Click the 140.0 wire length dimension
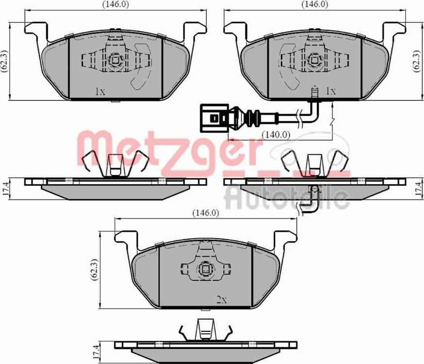click(276, 135)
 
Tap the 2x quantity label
click(222, 299)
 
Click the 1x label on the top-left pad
click(100, 92)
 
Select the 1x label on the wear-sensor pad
click(330, 91)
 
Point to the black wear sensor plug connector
click(213, 118)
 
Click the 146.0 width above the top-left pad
click(115, 4)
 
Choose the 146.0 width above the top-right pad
click(315, 4)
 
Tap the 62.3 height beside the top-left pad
click(4, 61)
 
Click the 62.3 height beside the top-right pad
click(416, 61)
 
